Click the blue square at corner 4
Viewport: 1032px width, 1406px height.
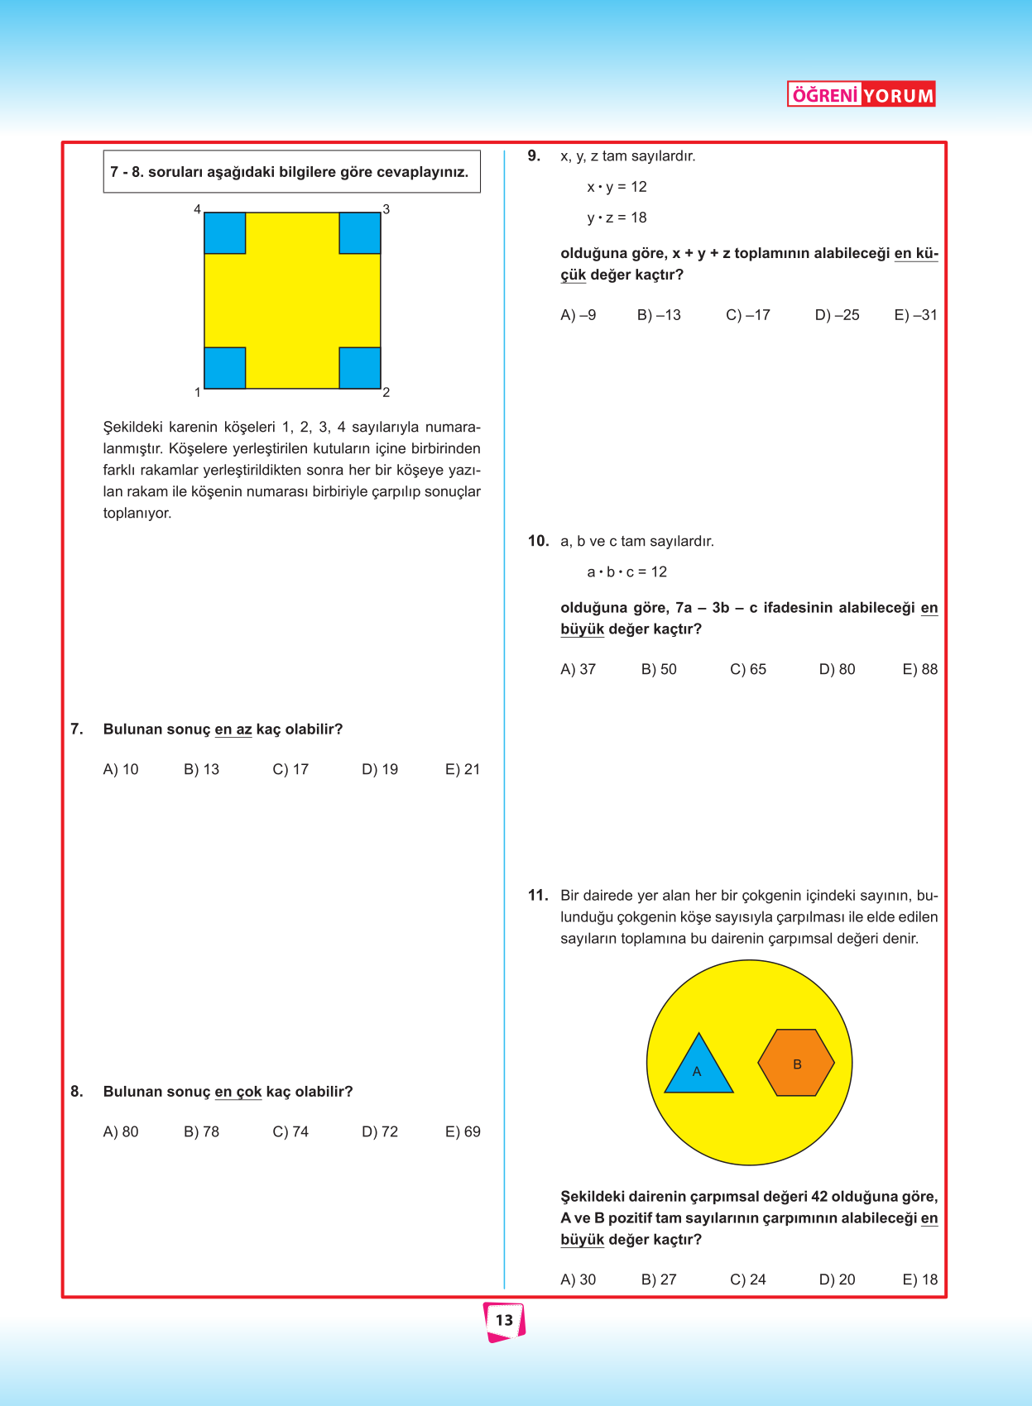pyautogui.click(x=225, y=233)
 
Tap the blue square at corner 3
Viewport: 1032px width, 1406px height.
pyautogui.click(x=360, y=233)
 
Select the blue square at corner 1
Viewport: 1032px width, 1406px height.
pyautogui.click(x=225, y=368)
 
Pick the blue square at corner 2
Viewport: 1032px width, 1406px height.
pyautogui.click(x=360, y=368)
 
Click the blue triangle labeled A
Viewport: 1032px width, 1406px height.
pyautogui.click(x=698, y=1069)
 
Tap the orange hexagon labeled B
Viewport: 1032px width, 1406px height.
pyautogui.click(x=796, y=1063)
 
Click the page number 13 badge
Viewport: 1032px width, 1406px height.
pyautogui.click(x=504, y=1320)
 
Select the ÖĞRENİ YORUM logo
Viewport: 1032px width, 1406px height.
pyautogui.click(x=861, y=94)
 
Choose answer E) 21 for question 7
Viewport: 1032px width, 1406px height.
pyautogui.click(x=463, y=769)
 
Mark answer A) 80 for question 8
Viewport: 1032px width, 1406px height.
pyautogui.click(x=121, y=1131)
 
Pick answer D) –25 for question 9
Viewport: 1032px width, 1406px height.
pyautogui.click(x=837, y=315)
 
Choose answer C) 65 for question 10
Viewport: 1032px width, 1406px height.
pyautogui.click(x=748, y=669)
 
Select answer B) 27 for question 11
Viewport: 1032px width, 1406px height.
pyautogui.click(x=659, y=1279)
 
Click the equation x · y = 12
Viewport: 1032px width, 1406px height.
pyautogui.click(x=617, y=187)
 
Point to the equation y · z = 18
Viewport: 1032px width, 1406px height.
pyautogui.click(x=617, y=218)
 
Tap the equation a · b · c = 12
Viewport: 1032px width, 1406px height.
pyautogui.click(x=626, y=571)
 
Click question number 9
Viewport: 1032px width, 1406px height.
pyautogui.click(x=534, y=155)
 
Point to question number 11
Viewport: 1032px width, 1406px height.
pyautogui.click(x=538, y=895)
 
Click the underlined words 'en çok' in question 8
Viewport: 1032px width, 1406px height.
pyautogui.click(x=238, y=1092)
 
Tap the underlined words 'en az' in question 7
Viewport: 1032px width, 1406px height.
pyautogui.click(x=233, y=729)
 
